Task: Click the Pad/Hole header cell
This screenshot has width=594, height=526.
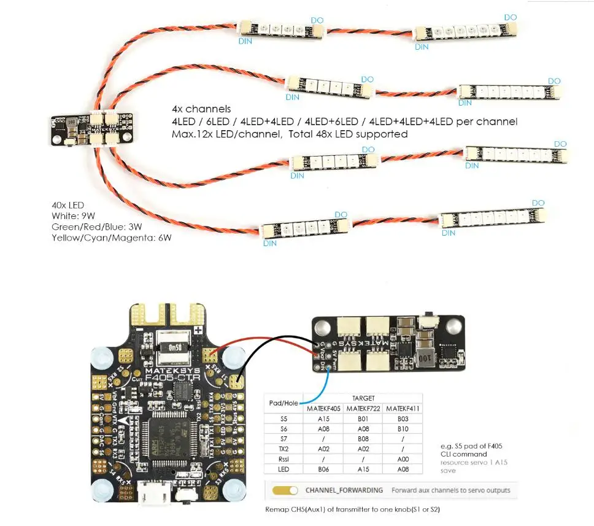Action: [283, 403]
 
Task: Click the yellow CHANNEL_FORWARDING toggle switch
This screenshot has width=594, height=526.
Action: [286, 490]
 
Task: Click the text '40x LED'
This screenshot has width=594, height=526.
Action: [68, 204]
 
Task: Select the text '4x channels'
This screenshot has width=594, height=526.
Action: [201, 109]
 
